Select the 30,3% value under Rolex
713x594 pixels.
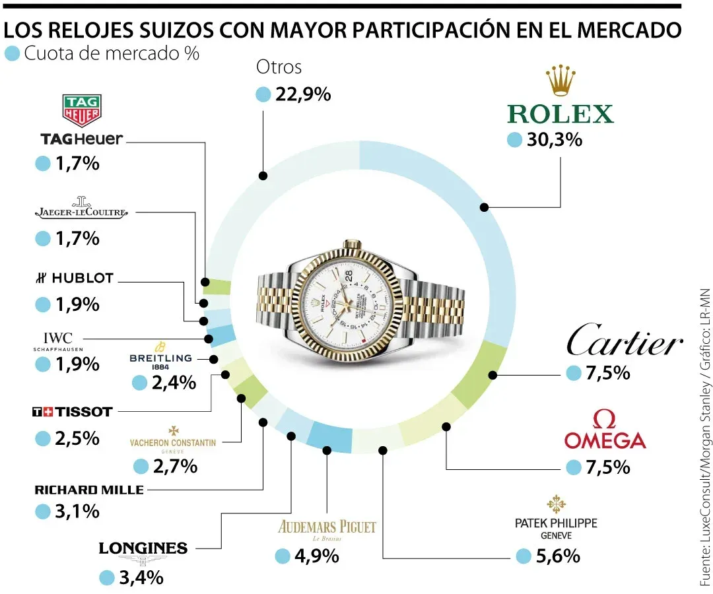click(553, 140)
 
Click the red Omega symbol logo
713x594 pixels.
click(605, 419)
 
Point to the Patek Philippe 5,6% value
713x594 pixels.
click(558, 556)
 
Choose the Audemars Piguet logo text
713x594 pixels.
click(327, 527)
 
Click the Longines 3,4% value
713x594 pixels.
click(140, 577)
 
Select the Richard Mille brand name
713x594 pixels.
click(88, 490)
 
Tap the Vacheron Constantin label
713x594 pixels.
click(173, 442)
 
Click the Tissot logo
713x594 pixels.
click(73, 412)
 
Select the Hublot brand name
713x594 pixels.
click(74, 279)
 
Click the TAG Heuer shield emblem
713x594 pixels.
click(81, 110)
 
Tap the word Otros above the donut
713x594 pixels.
click(279, 67)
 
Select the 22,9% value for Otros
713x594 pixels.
click(302, 94)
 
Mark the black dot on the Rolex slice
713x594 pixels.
click(484, 207)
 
